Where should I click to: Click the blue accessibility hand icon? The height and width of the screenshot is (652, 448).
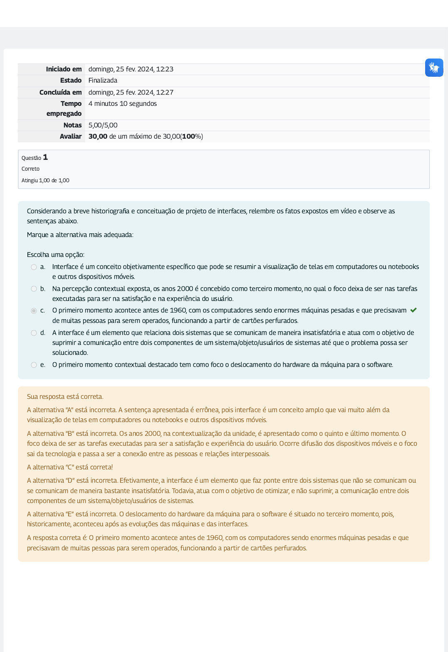click(434, 67)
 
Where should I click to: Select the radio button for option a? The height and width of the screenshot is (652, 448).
click(34, 267)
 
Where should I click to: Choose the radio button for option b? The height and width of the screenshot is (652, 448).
click(34, 289)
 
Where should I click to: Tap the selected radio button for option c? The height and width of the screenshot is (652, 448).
click(34, 310)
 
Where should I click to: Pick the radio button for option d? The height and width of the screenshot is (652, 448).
click(34, 333)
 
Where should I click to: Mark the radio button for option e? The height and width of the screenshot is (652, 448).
click(34, 365)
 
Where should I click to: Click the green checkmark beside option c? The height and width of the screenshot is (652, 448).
click(414, 310)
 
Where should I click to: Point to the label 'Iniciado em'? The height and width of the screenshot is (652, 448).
click(64, 69)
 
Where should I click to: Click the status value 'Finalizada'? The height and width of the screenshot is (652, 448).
click(103, 81)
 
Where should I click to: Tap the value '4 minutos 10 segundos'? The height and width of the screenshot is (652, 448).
click(123, 104)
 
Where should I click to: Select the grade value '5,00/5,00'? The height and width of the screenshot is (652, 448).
click(103, 125)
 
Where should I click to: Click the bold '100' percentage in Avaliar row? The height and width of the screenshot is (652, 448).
click(189, 137)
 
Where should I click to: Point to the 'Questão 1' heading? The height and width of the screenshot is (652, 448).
click(34, 157)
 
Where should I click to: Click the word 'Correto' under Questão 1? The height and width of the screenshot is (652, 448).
click(30, 169)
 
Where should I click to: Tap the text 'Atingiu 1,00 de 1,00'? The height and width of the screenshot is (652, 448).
click(45, 181)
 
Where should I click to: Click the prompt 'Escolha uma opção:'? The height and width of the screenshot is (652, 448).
click(56, 255)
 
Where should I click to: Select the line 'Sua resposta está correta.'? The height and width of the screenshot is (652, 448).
click(65, 397)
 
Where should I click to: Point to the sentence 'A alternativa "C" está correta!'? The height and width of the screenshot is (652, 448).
click(70, 467)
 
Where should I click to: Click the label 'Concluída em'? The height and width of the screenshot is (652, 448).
click(60, 93)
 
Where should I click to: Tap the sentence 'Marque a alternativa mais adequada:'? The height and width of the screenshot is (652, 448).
click(80, 235)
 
